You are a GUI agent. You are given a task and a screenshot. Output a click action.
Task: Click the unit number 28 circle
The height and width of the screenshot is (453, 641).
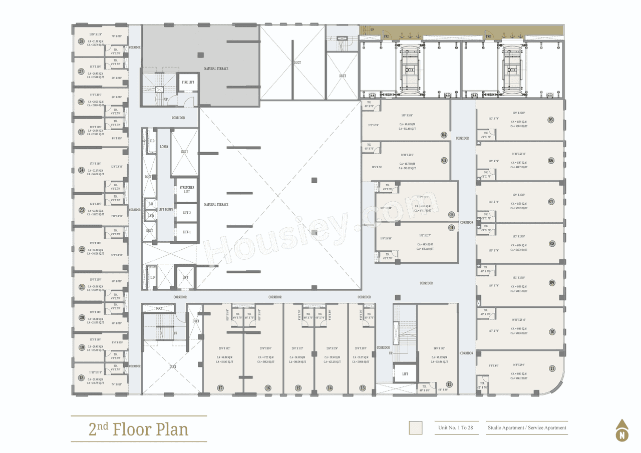81,42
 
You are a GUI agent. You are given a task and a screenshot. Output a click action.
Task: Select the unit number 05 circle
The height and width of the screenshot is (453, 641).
551,120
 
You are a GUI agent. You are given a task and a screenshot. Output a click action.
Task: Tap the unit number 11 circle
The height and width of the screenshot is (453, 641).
552,368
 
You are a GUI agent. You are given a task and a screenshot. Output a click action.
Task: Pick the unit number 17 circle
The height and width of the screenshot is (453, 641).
220,388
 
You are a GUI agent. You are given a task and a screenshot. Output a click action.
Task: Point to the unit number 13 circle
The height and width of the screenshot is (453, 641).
362,388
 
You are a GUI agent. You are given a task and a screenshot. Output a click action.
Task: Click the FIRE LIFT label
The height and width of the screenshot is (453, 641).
188,82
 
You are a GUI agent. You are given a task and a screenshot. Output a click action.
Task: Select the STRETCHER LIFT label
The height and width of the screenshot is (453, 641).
187,189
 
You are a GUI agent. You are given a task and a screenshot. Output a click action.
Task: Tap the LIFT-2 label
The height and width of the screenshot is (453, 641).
187,213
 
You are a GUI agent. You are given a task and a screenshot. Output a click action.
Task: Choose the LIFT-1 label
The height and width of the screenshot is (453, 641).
187,232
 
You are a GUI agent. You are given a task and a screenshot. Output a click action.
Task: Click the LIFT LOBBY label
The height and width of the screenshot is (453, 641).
165,210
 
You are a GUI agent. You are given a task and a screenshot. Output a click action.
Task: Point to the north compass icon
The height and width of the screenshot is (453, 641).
622,431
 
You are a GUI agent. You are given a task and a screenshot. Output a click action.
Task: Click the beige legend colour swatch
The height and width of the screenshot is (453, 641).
415,428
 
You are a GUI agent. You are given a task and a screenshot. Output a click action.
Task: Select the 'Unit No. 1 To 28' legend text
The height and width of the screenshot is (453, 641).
455,428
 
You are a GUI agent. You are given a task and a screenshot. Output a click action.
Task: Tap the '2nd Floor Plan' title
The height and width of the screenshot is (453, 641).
139,429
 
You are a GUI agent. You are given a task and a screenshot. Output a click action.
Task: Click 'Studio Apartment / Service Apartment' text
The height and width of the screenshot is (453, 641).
527,428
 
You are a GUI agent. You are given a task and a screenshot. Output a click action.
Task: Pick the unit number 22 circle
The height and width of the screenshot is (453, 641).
81,249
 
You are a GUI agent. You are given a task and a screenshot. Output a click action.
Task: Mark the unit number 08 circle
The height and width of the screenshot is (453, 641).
552,244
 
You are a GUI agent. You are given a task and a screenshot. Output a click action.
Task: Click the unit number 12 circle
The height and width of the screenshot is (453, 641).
449,384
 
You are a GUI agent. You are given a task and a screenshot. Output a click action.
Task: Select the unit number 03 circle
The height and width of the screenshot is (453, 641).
444,161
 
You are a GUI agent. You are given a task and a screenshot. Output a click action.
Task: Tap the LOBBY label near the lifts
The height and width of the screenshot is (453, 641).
164,147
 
